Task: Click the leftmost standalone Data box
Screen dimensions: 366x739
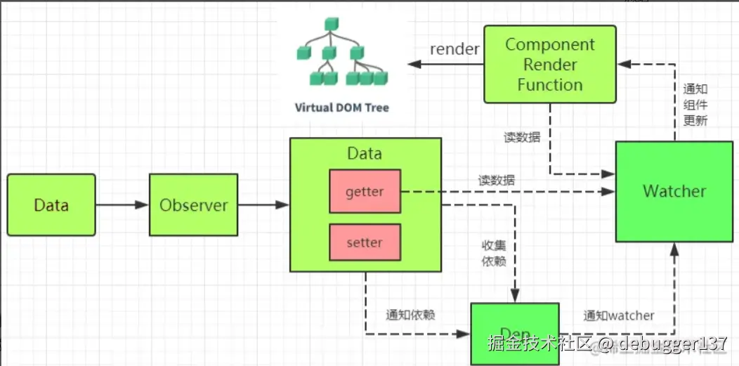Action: click(51, 205)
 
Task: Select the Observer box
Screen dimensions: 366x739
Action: click(193, 205)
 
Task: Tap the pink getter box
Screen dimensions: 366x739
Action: click(365, 191)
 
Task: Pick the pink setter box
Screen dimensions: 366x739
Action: click(365, 242)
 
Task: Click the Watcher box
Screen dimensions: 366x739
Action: click(674, 191)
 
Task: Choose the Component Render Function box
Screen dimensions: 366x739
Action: click(550, 65)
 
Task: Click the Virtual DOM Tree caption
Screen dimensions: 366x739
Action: click(341, 108)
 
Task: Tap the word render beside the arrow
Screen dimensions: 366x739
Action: click(454, 49)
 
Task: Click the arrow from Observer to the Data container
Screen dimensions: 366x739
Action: click(263, 205)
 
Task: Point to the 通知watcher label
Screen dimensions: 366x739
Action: click(619, 315)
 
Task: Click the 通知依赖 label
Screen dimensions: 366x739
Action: click(410, 315)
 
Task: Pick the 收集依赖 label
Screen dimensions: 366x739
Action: click(493, 254)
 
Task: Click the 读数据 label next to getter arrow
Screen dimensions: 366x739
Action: click(496, 181)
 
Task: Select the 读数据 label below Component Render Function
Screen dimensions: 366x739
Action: click(522, 137)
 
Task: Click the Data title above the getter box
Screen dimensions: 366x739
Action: click(365, 153)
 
